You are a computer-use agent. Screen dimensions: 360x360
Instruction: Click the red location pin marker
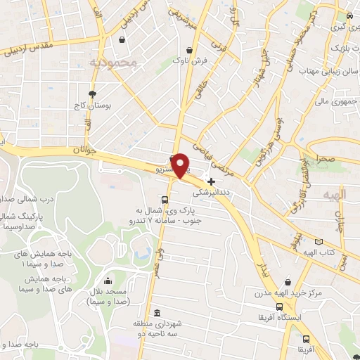(181, 165)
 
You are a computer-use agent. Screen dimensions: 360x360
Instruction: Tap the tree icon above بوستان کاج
(92, 94)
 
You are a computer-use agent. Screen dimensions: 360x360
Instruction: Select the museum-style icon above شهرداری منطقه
(155, 312)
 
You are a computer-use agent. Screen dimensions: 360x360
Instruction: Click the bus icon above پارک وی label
(165, 199)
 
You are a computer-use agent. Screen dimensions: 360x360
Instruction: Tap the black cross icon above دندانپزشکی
(211, 181)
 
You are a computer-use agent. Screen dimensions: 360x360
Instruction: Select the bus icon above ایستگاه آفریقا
(280, 307)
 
